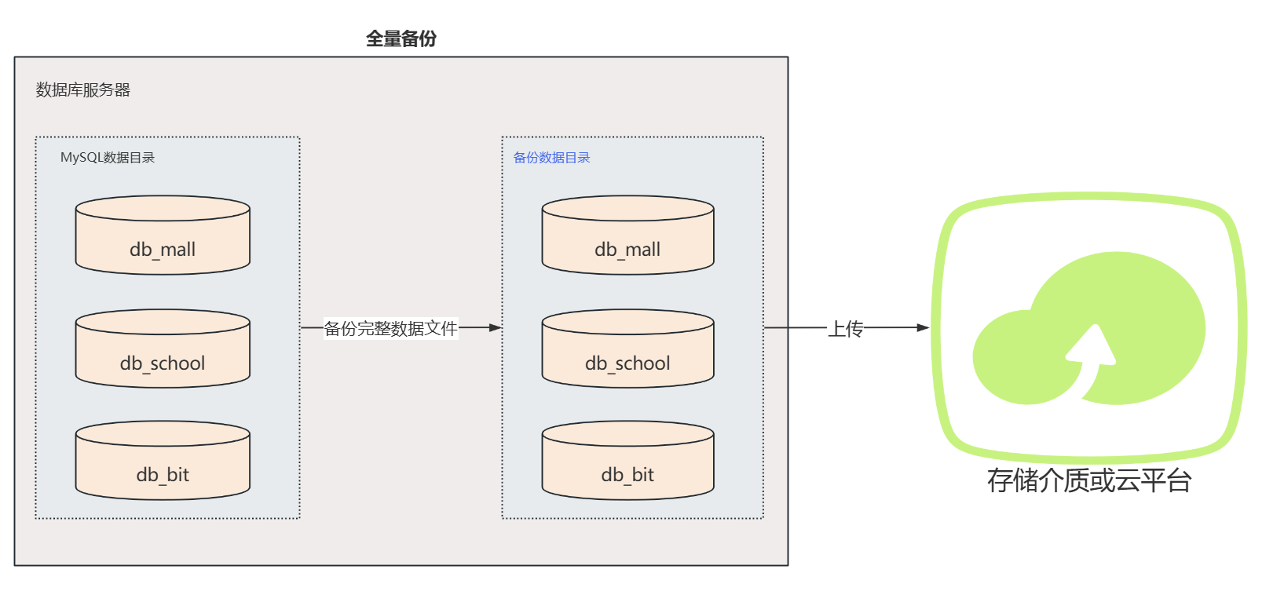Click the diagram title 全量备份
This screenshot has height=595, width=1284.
pyautogui.click(x=401, y=38)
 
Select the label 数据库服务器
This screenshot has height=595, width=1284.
pyautogui.click(x=83, y=90)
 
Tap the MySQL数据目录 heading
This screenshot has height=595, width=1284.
pyautogui.click(x=108, y=158)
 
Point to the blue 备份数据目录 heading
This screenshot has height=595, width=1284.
pyautogui.click(x=551, y=158)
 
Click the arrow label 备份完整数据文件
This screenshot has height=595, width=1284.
pyautogui.click(x=390, y=328)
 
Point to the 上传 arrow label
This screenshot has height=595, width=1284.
pyautogui.click(x=845, y=328)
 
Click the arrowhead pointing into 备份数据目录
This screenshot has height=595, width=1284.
pyautogui.click(x=495, y=327)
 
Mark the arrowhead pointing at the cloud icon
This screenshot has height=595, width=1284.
pyautogui.click(x=923, y=327)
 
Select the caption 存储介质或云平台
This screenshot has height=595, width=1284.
pyautogui.click(x=1088, y=480)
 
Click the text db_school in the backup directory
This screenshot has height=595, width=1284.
pyautogui.click(x=627, y=363)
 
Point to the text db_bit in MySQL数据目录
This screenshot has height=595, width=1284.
pyautogui.click(x=163, y=475)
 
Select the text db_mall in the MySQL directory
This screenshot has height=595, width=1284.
pyautogui.click(x=163, y=250)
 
